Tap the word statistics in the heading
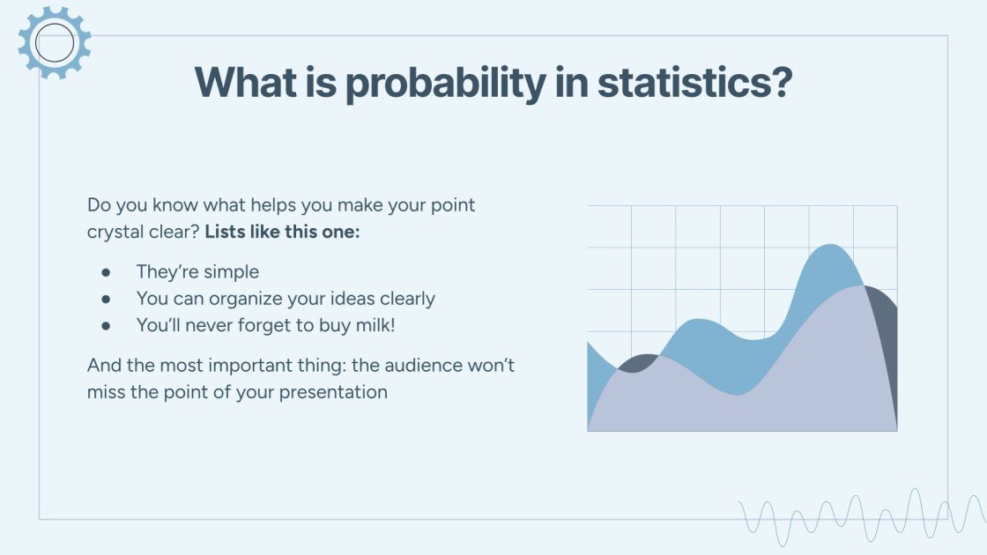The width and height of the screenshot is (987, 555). [x=694, y=83]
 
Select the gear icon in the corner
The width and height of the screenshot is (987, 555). [x=55, y=41]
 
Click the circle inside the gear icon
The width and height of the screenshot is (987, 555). [x=55, y=42]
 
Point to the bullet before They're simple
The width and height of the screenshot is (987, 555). [x=107, y=272]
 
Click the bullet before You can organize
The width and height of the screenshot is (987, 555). [x=107, y=299]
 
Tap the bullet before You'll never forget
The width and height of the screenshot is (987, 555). [x=107, y=325]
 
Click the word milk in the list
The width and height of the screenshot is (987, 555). [x=374, y=325]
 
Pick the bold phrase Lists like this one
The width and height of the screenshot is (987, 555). [x=282, y=233]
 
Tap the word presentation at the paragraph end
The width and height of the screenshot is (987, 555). [x=333, y=392]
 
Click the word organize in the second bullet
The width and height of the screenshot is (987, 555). [x=245, y=300]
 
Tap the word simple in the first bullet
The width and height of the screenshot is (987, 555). [x=231, y=272]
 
